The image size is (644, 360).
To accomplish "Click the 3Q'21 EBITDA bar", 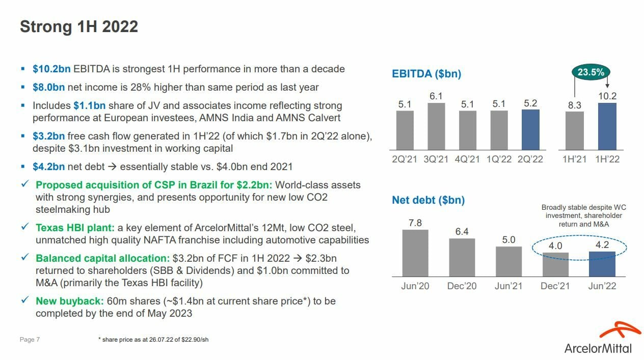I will [436, 126].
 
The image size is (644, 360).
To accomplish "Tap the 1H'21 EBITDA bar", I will [574, 130].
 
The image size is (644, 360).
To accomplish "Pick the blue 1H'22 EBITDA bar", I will [607, 126].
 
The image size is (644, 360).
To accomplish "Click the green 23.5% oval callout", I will [591, 72].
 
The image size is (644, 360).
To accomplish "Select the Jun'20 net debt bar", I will [415, 253].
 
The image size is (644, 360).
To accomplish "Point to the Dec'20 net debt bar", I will [462, 257].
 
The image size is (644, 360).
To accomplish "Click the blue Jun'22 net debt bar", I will [602, 264].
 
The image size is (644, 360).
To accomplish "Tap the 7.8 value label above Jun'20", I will [415, 223].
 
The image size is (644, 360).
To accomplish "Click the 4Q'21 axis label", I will [467, 159].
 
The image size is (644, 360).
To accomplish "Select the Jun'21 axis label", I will [508, 286].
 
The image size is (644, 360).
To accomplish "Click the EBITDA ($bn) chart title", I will [426, 74].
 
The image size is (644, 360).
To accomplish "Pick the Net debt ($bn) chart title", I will [428, 201].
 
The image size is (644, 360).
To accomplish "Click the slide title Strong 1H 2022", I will [79, 27].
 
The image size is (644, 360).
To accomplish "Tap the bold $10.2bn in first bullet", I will [51, 69].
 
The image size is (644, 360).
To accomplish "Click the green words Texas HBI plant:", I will [75, 228].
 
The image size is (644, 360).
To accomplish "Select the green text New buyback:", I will [70, 301].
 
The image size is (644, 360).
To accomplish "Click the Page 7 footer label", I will [30, 340].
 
